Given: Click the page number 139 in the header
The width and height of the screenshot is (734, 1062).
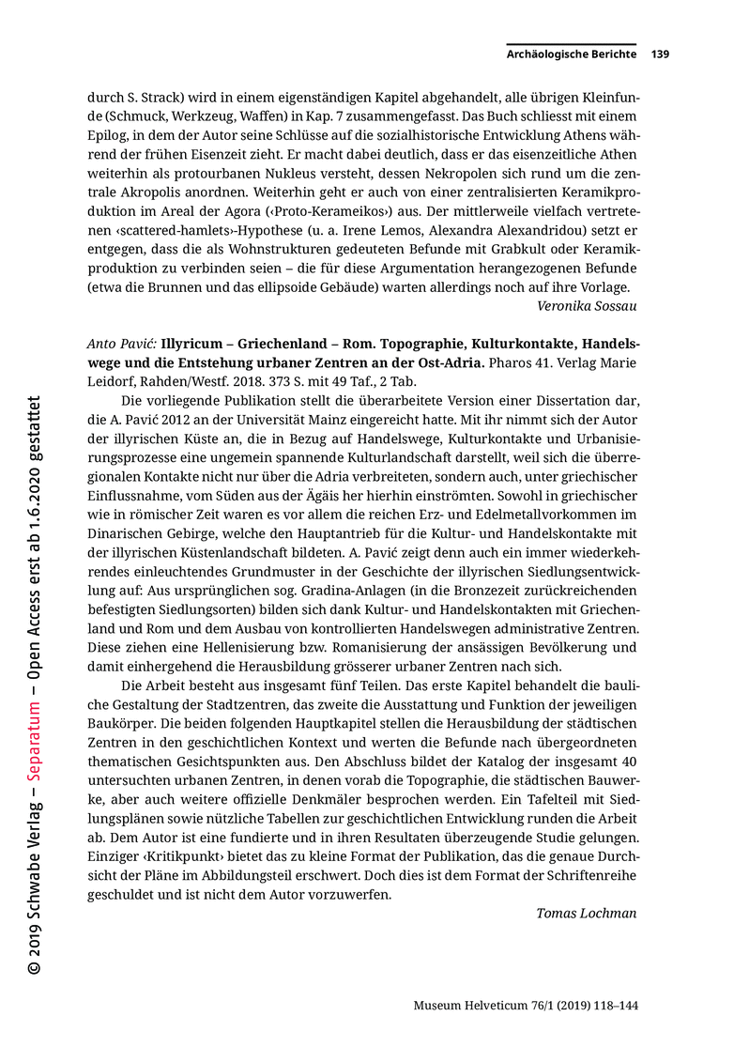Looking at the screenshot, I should pyautogui.click(x=660, y=54).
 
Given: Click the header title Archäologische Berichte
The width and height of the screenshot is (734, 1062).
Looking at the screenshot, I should pyautogui.click(x=571, y=54).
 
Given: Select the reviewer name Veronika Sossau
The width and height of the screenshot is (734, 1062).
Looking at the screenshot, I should pyautogui.click(x=587, y=305).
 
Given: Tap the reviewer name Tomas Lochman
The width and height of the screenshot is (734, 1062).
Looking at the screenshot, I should pyautogui.click(x=586, y=913).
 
